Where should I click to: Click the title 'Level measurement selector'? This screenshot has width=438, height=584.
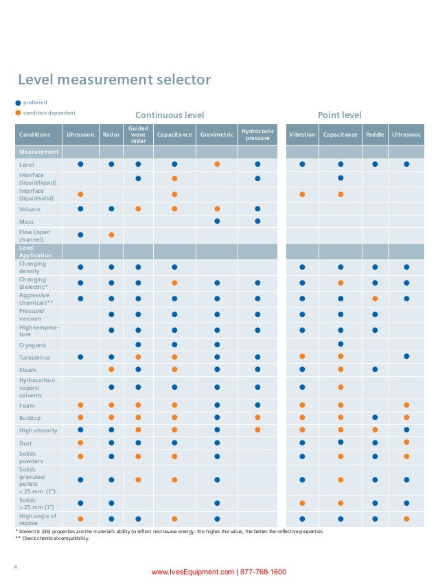click(114, 80)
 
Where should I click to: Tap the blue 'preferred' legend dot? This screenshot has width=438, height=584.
click(19, 102)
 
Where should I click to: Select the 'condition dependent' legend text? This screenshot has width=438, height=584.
click(49, 113)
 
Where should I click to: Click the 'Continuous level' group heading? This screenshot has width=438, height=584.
click(170, 115)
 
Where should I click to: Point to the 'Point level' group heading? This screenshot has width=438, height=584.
click(339, 115)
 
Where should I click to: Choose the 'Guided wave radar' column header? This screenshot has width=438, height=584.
click(138, 135)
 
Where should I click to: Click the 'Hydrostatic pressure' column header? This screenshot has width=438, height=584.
click(257, 135)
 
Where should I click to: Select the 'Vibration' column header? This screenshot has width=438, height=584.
click(302, 135)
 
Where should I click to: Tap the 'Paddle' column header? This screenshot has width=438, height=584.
click(375, 135)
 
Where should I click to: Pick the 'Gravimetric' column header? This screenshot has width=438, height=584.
click(217, 135)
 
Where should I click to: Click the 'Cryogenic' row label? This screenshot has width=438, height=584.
click(33, 344)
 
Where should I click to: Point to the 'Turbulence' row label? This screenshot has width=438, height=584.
click(36, 358)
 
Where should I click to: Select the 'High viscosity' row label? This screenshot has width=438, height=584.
click(38, 430)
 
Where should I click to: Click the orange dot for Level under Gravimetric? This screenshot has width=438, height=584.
click(217, 164)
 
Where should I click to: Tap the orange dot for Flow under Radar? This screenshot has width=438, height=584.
click(111, 235)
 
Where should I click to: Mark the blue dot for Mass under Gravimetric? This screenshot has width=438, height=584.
click(217, 221)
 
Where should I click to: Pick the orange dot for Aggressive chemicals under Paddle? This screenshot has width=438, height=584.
click(375, 299)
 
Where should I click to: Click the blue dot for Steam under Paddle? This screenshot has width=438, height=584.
click(375, 369)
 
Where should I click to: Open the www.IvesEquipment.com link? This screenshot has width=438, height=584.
click(194, 572)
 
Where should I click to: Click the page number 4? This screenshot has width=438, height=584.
click(16, 566)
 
